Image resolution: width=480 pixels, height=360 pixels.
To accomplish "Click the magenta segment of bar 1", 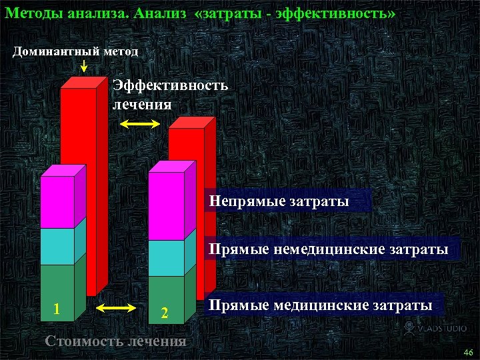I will [57, 202].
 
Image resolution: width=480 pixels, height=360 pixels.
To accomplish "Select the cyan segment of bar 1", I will [57, 246].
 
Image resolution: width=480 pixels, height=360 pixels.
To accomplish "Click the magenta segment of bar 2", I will [166, 206].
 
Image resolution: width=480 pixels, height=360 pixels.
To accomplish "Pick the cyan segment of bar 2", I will [166, 257].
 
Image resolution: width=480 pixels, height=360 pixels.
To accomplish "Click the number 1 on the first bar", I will [57, 309].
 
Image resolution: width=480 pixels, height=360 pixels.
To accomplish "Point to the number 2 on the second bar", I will [165, 313].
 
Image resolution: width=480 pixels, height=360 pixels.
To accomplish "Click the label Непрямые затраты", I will [279, 200].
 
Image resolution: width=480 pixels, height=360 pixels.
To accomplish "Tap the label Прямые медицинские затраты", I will [320, 305].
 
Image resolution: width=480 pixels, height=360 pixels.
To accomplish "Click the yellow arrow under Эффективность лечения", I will [141, 124].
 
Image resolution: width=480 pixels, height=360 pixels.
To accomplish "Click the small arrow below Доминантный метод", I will [84, 66].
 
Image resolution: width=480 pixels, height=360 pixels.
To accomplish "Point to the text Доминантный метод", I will [76, 51].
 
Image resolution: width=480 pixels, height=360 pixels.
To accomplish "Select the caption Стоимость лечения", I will [115, 341].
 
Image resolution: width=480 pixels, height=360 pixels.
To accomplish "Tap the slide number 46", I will [467, 352].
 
